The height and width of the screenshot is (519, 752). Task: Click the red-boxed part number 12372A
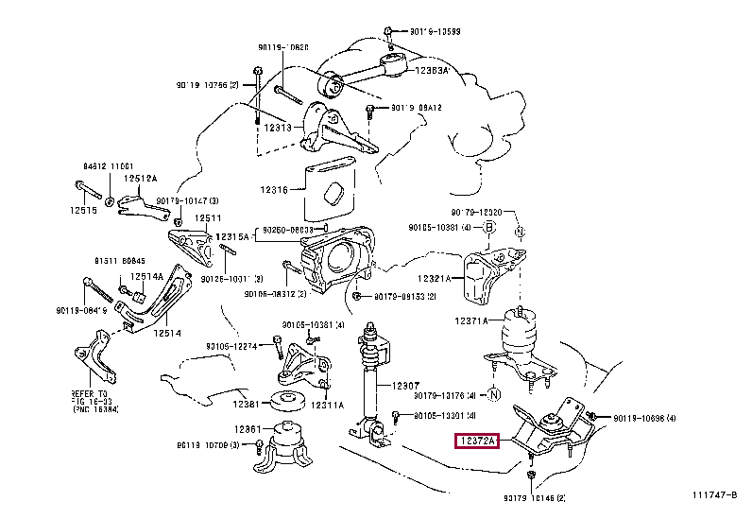(x=477, y=441)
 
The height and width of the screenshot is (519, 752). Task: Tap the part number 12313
(x=278, y=128)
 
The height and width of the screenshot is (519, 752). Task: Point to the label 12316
(x=277, y=189)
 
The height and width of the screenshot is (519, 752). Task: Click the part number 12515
(x=82, y=210)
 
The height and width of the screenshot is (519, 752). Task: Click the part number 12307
(x=403, y=385)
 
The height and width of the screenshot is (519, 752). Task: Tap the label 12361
(x=248, y=429)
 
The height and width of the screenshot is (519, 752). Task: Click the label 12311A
(x=346, y=404)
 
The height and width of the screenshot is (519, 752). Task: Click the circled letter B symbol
(x=489, y=227)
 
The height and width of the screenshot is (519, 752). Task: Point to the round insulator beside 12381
(x=286, y=402)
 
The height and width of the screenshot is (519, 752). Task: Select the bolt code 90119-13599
(x=436, y=31)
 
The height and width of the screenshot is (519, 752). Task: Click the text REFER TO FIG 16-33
(x=90, y=399)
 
